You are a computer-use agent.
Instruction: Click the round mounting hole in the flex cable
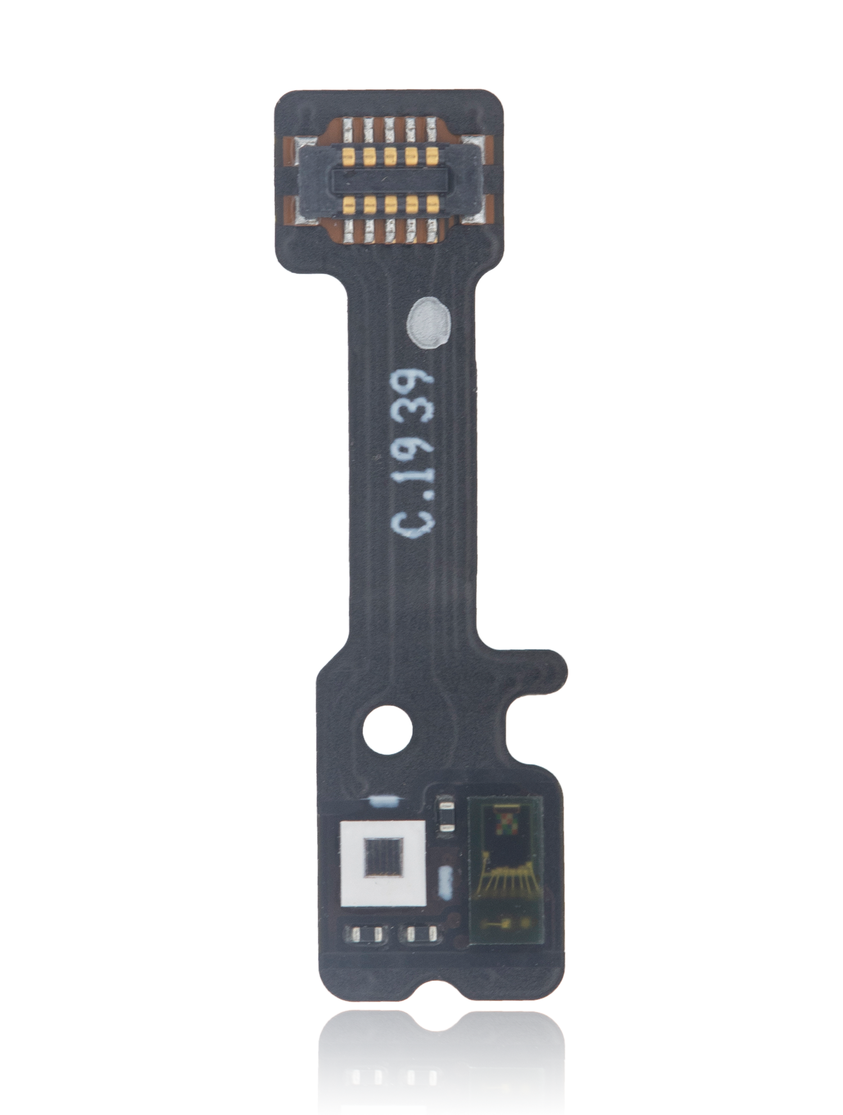click(x=387, y=730)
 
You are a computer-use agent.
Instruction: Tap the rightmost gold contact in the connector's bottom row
click(x=432, y=204)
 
